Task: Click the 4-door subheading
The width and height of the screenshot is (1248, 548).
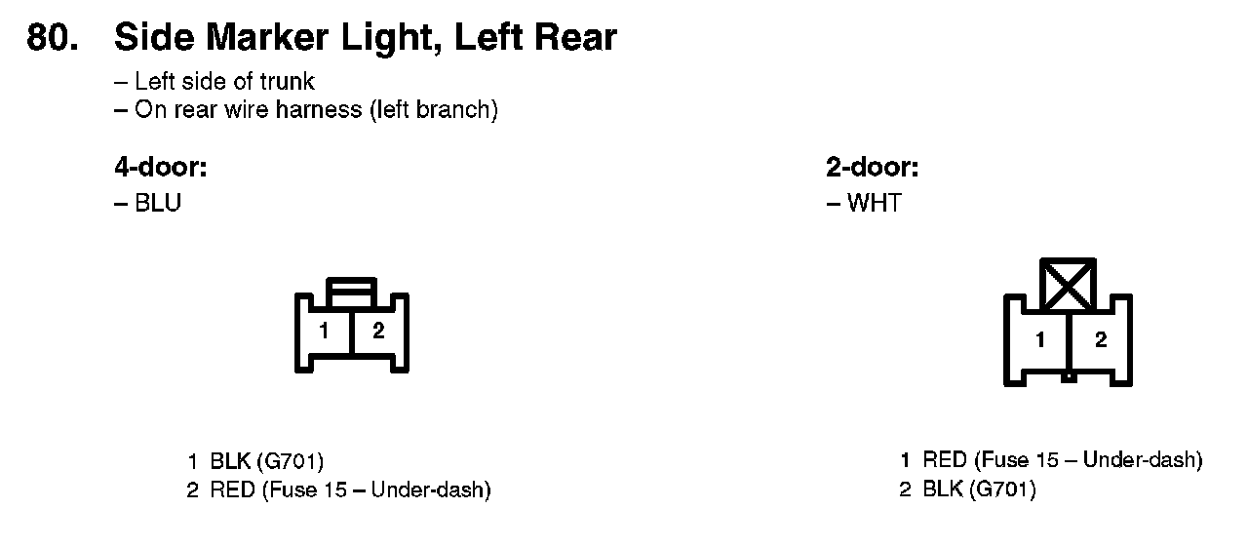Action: pos(161,168)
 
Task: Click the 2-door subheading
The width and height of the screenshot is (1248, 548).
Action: pos(872,168)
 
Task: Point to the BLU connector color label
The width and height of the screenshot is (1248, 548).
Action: pos(158,204)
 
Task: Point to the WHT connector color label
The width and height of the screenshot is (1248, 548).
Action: pos(875,204)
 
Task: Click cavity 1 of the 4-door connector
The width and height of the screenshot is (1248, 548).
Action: pos(324,332)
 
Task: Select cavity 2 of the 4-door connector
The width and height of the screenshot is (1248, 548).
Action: pos(378,332)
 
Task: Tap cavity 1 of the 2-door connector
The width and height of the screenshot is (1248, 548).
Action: pos(1040,340)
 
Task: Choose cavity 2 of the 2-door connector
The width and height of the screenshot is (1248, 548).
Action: pos(1101,340)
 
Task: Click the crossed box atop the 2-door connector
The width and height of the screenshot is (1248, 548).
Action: pos(1069,285)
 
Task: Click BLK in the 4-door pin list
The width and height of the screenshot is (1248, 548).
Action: pos(230,461)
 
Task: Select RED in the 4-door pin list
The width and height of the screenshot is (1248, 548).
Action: pos(232,490)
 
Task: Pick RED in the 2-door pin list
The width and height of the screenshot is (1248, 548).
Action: pos(945,460)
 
